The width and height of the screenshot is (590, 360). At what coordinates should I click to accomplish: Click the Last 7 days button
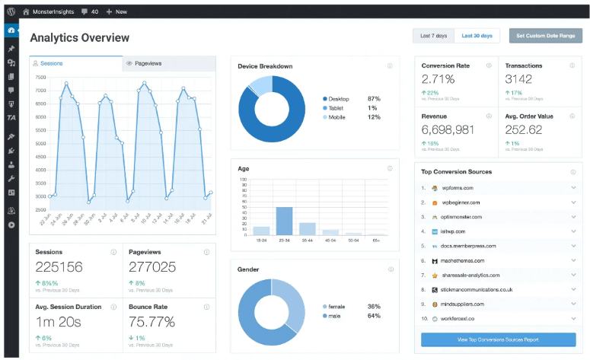tap(434, 36)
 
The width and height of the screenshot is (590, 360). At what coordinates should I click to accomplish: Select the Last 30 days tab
tap(477, 36)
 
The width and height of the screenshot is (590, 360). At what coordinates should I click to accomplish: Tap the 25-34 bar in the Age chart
tap(284, 221)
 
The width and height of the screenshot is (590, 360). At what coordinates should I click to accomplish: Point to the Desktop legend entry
tap(340, 99)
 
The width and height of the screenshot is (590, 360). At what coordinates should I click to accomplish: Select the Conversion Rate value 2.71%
tap(439, 79)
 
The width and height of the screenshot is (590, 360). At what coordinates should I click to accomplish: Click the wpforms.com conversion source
tap(458, 188)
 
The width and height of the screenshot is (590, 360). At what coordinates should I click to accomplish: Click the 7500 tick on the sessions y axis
tap(40, 77)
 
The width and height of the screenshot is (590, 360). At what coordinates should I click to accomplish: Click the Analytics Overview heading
tap(79, 38)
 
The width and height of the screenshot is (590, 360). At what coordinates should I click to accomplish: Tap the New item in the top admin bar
tap(116, 11)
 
